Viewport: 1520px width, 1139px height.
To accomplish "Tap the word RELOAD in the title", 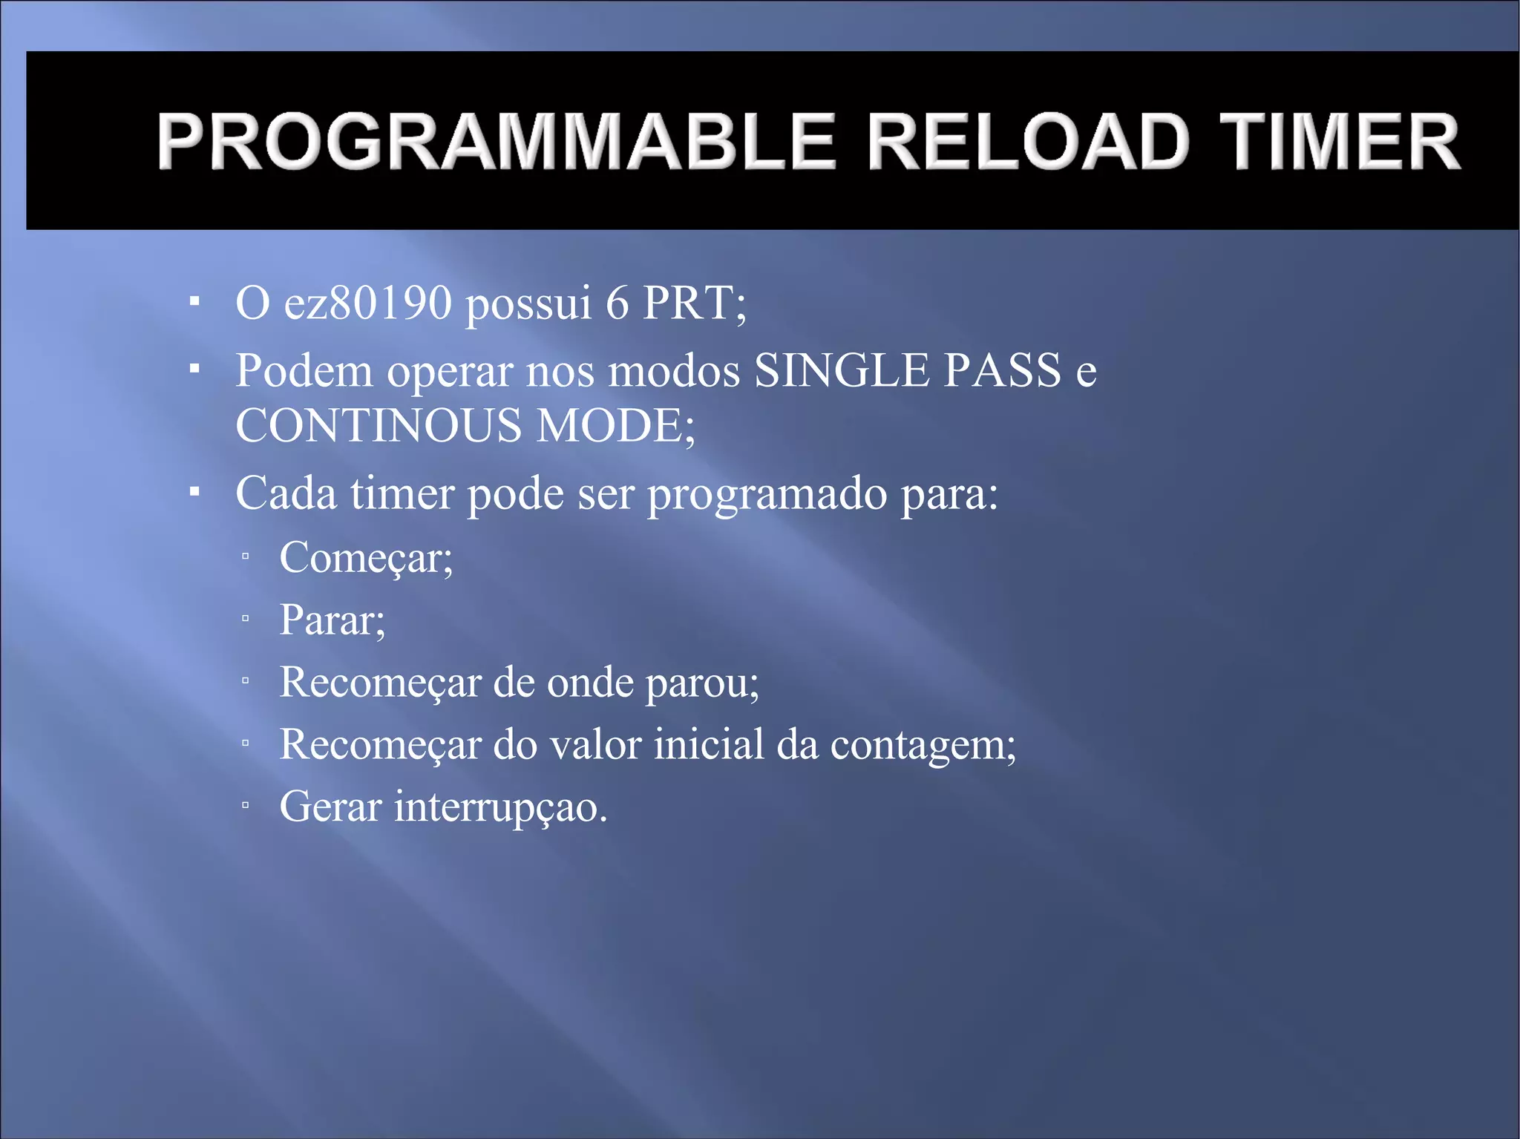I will click(x=1029, y=141).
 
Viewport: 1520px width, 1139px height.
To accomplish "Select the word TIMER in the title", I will click(x=1340, y=141).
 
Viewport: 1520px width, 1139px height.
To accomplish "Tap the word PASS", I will click(x=1002, y=370).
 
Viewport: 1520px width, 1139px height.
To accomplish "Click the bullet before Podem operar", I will click(x=194, y=368).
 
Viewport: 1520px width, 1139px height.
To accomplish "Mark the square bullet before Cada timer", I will click(x=194, y=491).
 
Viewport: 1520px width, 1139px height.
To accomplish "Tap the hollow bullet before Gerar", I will click(x=245, y=804).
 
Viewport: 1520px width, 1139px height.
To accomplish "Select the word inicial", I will click(x=708, y=744).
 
